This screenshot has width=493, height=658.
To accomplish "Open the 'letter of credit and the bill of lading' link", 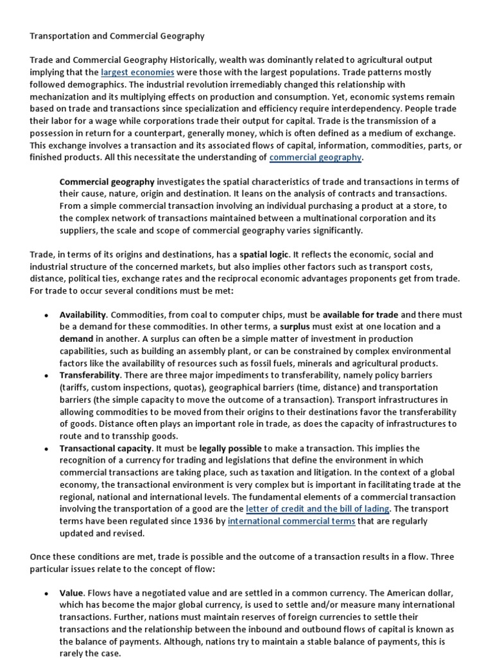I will [x=317, y=509].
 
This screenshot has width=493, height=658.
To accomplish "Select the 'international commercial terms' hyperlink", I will [x=291, y=521].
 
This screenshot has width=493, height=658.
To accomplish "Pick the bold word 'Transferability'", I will [x=89, y=375].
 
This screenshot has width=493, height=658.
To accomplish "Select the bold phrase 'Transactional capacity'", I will [x=105, y=448].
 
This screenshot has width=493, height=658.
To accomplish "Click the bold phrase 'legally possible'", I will [x=230, y=448].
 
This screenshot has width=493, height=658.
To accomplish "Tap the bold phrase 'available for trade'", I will [x=360, y=315].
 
